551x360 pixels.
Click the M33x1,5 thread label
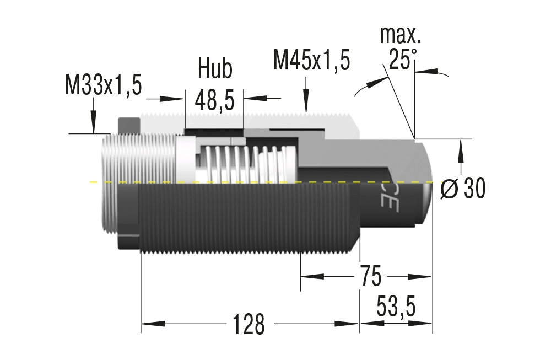(103, 85)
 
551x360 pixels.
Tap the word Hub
(215, 68)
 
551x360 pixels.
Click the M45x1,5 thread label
(311, 60)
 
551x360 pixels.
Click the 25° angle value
(402, 59)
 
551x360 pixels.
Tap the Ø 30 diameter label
(463, 189)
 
